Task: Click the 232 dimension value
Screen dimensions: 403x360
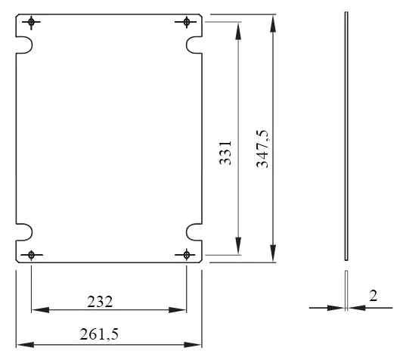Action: point(100,302)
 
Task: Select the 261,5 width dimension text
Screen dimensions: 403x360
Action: point(99,334)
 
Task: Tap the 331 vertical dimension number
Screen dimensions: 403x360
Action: point(225,153)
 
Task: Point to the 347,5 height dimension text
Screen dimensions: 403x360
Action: point(262,149)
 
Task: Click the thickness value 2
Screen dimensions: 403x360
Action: point(374,296)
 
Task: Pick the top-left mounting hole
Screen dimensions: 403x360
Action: point(31,22)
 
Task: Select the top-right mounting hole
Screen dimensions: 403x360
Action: point(187,22)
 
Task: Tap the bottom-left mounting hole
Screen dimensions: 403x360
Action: point(31,255)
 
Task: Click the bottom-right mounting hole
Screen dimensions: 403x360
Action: point(187,255)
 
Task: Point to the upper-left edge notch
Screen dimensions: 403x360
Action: point(32,45)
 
